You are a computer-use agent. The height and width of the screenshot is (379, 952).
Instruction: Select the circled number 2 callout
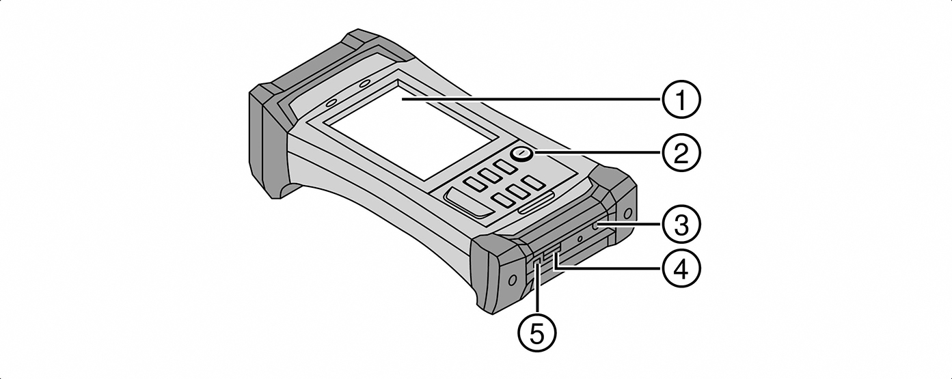tap(681, 153)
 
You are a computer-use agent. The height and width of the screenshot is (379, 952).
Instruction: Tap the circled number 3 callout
tap(681, 223)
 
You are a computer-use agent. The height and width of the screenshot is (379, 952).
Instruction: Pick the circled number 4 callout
tap(681, 270)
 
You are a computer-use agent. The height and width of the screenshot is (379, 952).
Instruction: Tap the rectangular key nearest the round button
tap(506, 166)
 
